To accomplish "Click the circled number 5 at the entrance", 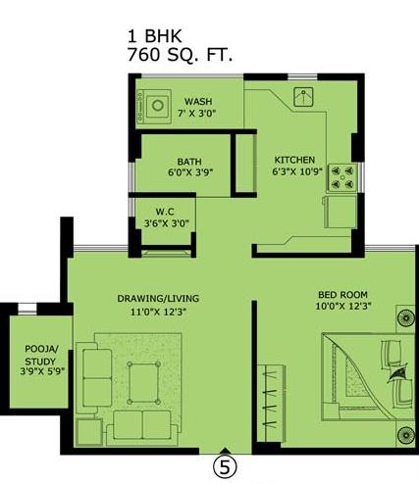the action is pos(225,467).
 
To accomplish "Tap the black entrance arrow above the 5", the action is pos(225,451).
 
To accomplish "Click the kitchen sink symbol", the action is pos(303,97).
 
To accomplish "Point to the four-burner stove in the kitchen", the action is pos(342,177).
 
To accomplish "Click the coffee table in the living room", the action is pos(143,383).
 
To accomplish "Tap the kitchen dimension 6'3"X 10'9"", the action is pos(297,171).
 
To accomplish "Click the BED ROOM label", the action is pos(342,295).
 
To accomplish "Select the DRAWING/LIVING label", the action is pos(158,299).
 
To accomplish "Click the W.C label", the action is pos(165,212).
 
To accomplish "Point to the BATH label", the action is pos(189,162).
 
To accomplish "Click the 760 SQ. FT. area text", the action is pos(180,55).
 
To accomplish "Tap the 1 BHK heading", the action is pos(154,36).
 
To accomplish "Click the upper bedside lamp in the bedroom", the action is pos(405,317).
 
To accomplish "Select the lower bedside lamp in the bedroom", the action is pos(405,435).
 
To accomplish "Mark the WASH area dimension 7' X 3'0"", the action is pos(197,114).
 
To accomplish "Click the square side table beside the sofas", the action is pos(89,432).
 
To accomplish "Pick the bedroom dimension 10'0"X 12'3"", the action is pos(343,307).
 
